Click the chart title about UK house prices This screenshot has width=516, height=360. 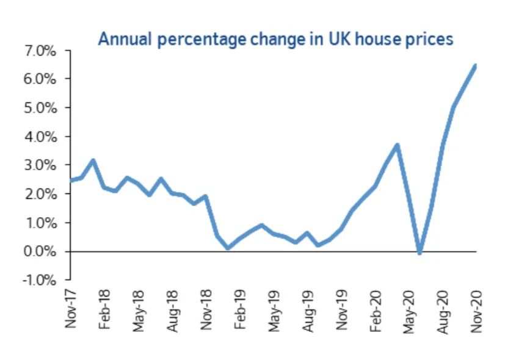tap(276, 40)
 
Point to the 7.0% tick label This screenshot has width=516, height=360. tap(40, 51)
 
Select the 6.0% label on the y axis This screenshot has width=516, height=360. tap(40, 79)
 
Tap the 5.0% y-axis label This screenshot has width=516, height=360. tap(40, 108)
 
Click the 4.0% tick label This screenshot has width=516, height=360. tap(40, 137)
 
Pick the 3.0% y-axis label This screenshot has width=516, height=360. tap(40, 165)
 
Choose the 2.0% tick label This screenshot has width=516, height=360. tap(40, 194)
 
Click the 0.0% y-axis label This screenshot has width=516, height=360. tap(40, 251)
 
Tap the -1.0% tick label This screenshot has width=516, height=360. tap(39, 280)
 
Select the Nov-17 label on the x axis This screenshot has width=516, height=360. tap(70, 309)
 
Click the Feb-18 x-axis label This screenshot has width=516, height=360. tap(104, 309)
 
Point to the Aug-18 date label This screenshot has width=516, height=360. tap(172, 311)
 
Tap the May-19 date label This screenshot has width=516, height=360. tap(274, 311)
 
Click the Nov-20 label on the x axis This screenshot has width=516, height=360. tap(476, 311)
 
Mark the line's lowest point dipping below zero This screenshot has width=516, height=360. tap(420, 253)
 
